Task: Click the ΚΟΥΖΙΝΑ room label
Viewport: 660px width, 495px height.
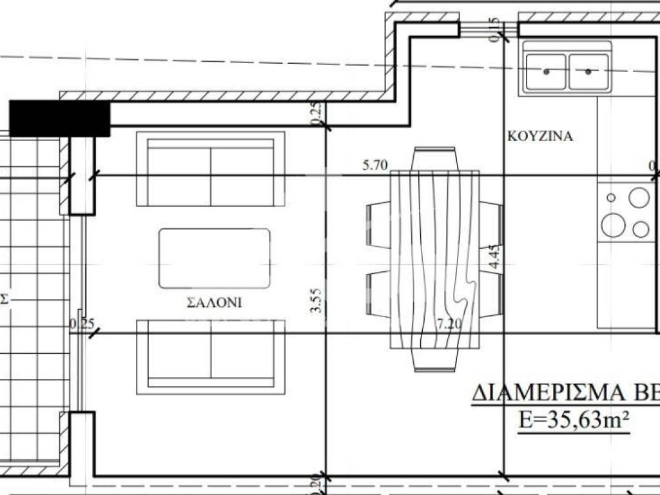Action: [x=540, y=137]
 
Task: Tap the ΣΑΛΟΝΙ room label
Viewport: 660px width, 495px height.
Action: [x=214, y=302]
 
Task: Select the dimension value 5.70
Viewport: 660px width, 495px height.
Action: [x=374, y=166]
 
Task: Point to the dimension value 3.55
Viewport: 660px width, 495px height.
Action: [x=315, y=300]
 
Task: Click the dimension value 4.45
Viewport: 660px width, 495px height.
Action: [x=494, y=256]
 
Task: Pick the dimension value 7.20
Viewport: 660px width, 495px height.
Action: [x=449, y=324]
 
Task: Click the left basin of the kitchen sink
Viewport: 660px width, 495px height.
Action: [x=546, y=71]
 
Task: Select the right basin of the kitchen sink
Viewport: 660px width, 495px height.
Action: [x=589, y=71]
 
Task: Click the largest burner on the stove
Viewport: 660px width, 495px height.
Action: [x=613, y=224]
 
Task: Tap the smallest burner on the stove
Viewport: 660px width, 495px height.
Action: [x=611, y=198]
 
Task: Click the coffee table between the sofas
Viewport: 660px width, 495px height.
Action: [x=214, y=258]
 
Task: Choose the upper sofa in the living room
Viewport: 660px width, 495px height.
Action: [x=211, y=169]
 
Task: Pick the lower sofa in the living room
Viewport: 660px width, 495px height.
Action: [x=211, y=356]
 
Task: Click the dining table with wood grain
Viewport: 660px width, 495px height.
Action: [x=434, y=259]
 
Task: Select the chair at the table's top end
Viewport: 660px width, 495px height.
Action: [x=434, y=157]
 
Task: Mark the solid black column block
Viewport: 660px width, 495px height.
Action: [x=60, y=119]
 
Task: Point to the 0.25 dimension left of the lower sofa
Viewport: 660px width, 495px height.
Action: [x=81, y=324]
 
